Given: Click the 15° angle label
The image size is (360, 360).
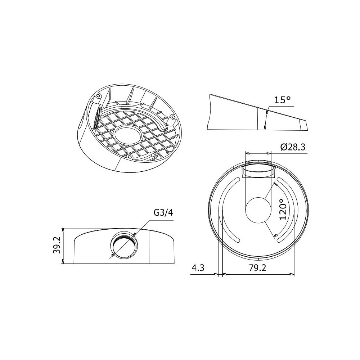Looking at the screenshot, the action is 282,100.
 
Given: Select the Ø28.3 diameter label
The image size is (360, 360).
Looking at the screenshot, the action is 293,147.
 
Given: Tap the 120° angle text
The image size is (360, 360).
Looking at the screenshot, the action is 283,209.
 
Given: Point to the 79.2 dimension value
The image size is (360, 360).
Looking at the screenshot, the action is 258,268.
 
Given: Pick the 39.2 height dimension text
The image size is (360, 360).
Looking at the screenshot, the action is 57,245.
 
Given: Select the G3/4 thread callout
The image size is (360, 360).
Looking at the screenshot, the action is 163,213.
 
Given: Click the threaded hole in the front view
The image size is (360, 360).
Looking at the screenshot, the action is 124,245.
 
